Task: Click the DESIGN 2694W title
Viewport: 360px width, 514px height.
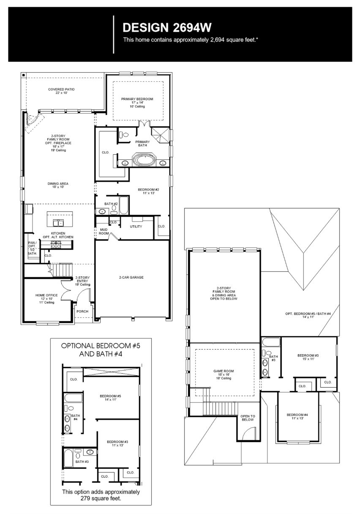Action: tap(166, 28)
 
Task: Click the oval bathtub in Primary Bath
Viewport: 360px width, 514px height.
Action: tap(145, 161)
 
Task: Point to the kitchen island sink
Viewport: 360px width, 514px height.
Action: tap(58, 223)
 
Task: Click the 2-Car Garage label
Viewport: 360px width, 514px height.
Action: tap(131, 278)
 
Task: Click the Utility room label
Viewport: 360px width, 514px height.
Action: tap(136, 227)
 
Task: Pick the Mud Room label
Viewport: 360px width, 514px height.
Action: tap(104, 231)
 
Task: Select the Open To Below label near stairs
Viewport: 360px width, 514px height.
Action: tap(248, 418)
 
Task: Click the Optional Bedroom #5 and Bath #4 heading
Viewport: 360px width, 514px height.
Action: tap(101, 350)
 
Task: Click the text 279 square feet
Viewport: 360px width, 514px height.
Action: tap(101, 498)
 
